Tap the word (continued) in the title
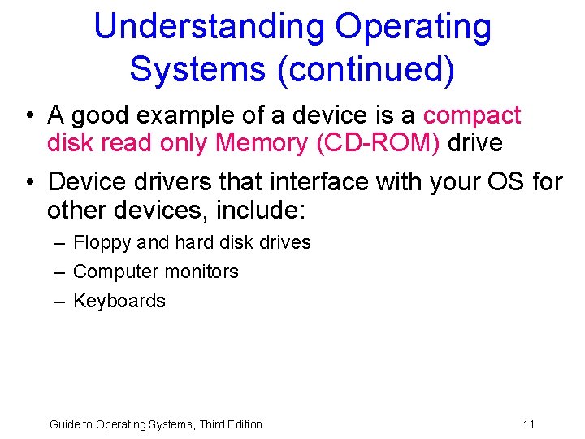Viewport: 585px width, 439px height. tap(366, 69)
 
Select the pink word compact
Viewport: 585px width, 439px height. tap(472, 115)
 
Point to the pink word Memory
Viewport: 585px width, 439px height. tap(259, 143)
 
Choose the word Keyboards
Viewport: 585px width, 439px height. tap(119, 301)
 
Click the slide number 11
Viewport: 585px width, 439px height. tap(529, 424)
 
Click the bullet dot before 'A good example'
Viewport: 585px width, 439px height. tap(29, 116)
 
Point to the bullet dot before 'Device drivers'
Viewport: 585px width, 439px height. tap(29, 182)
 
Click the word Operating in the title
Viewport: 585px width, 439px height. tap(413, 27)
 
